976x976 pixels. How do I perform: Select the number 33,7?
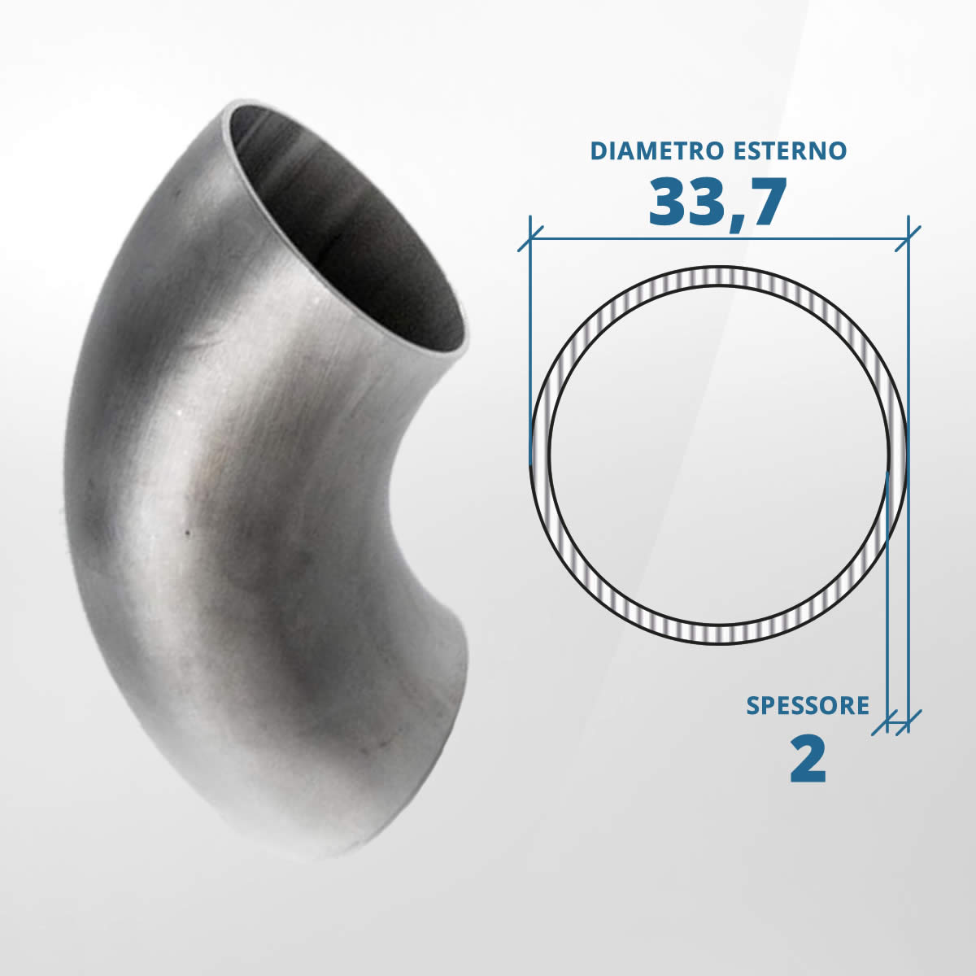click(x=717, y=203)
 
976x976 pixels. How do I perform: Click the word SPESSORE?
click(x=808, y=705)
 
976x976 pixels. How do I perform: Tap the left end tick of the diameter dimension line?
click(x=530, y=238)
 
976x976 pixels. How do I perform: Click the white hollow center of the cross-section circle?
click(x=719, y=455)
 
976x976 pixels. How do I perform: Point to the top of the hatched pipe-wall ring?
click(x=719, y=277)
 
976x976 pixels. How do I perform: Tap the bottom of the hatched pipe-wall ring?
click(x=719, y=634)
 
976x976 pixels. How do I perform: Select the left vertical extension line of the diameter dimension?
click(x=530, y=342)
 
